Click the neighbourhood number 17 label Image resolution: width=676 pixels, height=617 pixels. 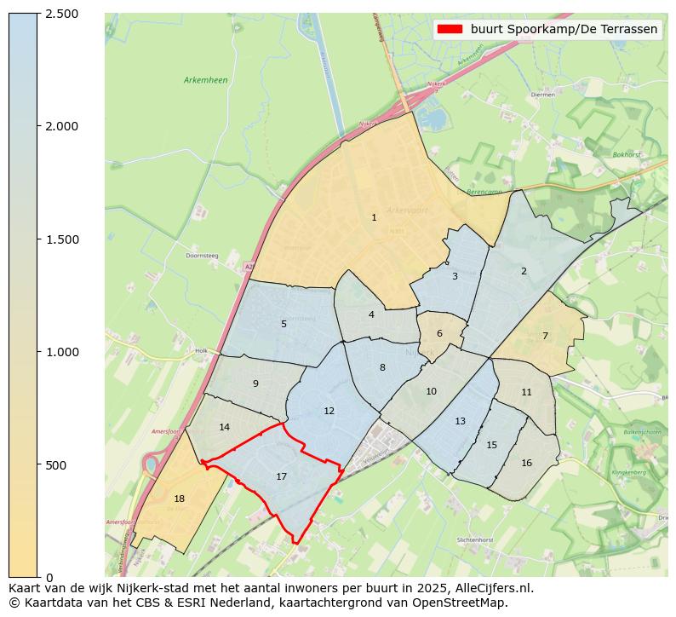point(281,476)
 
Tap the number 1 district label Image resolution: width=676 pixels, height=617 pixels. point(374,218)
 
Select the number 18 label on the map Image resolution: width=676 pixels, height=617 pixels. point(179,499)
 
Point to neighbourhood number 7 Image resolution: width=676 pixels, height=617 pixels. point(545,336)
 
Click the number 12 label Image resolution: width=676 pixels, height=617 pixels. point(329,411)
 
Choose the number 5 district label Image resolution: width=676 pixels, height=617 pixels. point(284,324)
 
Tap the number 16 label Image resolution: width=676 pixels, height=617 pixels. point(526,463)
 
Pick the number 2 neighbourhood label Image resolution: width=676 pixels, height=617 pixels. point(524,271)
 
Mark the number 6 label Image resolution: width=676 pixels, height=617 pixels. point(439,334)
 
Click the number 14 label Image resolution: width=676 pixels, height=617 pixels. point(224,427)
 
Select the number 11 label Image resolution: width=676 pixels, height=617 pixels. point(526,392)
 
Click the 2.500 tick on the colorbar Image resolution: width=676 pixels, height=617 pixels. point(61,14)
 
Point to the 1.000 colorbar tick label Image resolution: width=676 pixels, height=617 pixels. point(61,352)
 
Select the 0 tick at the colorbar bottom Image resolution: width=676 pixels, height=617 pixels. point(49,578)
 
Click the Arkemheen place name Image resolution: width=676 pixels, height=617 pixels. point(205,80)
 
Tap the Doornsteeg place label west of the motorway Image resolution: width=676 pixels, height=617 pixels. point(203,255)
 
